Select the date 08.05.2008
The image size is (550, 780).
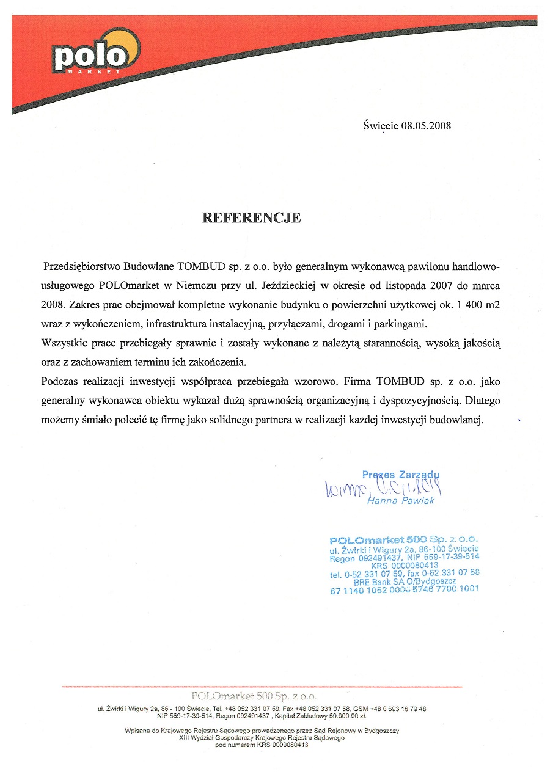coord(426,126)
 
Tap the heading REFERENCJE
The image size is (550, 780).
coord(251,217)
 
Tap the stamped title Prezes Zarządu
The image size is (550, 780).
coord(401,474)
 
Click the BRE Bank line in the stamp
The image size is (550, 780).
coord(404,581)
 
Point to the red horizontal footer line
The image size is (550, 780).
coord(262,687)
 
